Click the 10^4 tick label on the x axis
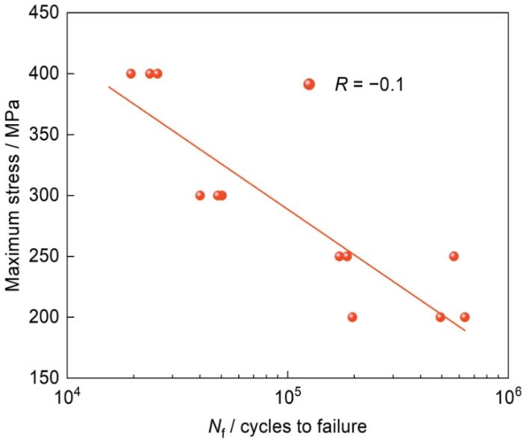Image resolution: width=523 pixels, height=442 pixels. (68, 396)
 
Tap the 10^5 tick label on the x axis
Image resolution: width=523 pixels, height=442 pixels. (288, 396)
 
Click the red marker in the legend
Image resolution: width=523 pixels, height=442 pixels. (309, 85)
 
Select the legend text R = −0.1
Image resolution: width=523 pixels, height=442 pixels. (369, 85)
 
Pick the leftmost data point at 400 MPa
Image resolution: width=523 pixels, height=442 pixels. (131, 74)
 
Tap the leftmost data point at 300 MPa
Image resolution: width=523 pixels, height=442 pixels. (199, 196)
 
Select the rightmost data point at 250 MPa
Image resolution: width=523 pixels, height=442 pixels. (454, 257)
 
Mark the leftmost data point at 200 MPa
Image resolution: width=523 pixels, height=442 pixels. (353, 317)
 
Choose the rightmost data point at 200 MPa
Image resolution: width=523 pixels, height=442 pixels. (465, 317)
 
